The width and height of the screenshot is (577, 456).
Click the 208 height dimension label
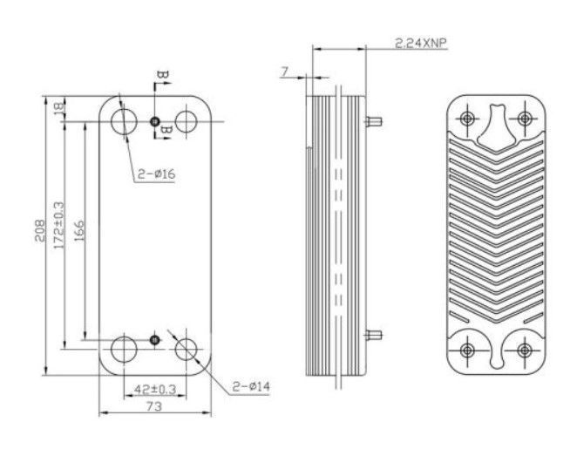(39, 231)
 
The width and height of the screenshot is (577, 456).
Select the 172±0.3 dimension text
(59, 225)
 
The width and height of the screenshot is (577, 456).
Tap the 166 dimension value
(79, 231)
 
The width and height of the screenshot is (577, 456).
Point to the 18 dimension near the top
(59, 108)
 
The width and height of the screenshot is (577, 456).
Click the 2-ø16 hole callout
(156, 174)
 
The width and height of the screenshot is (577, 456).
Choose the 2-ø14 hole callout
(251, 386)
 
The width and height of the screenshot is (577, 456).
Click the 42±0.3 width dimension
(155, 389)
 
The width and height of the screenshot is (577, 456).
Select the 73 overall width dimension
(154, 406)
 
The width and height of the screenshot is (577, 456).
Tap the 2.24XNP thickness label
(421, 43)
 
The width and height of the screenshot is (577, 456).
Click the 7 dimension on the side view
(284, 71)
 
